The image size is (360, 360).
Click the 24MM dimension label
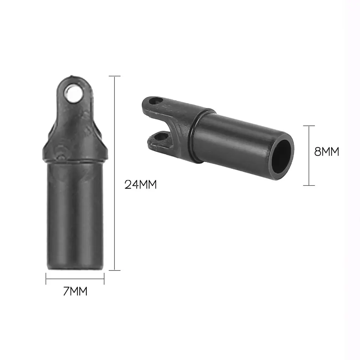[x=140, y=184]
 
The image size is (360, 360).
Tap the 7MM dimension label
[x=75, y=291]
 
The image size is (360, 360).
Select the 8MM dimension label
[x=326, y=151]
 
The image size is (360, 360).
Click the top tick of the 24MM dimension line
[x=114, y=76]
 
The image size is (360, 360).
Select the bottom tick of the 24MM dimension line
[x=114, y=270]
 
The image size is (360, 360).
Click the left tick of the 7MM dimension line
[x=46, y=279]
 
